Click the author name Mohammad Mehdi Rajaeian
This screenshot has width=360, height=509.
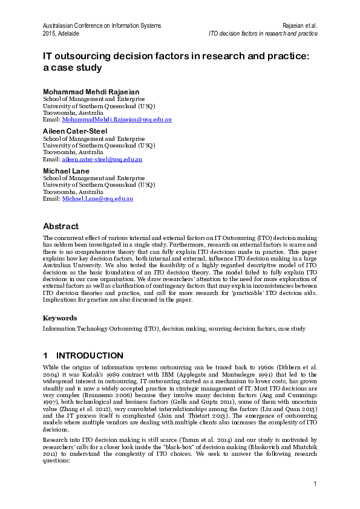click(x=91, y=92)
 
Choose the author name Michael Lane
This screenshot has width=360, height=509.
click(x=66, y=171)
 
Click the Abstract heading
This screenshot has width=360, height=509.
click(x=61, y=226)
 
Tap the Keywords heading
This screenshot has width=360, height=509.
click(x=59, y=317)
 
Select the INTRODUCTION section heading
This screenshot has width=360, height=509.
click(x=89, y=355)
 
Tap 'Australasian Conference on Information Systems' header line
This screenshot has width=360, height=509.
click(x=102, y=25)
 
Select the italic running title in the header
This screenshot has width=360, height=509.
click(x=263, y=33)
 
